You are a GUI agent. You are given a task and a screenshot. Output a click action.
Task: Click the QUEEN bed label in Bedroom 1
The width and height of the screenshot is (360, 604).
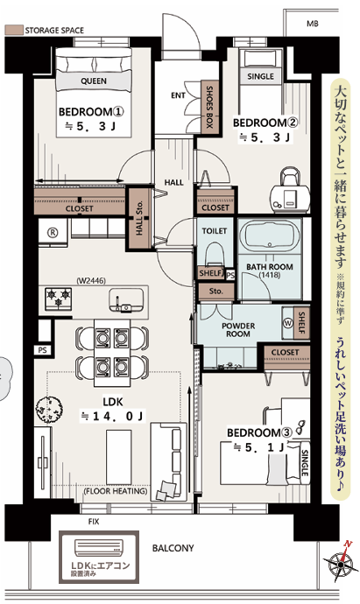click(94, 81)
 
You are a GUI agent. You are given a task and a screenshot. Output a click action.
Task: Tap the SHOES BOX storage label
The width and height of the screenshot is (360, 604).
click(209, 107)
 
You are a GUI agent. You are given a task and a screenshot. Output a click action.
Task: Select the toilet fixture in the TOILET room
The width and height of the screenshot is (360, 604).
click(215, 254)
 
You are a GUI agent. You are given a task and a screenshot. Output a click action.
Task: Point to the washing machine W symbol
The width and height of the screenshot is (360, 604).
click(288, 323)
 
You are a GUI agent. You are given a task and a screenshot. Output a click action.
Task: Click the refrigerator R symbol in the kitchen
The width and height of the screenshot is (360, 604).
click(53, 233)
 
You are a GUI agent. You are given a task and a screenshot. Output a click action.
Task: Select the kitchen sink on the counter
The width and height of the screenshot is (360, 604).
click(126, 299)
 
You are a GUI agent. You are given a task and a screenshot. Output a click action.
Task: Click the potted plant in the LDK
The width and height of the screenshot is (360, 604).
click(49, 410)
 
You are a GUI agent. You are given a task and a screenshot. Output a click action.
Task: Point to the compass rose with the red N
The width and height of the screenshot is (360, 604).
click(341, 563)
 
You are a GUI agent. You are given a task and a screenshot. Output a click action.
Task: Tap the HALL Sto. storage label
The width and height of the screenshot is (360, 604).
click(139, 218)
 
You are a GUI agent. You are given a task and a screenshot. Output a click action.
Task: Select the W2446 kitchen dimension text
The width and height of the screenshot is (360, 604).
click(91, 281)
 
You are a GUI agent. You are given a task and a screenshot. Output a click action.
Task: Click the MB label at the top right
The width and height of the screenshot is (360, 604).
click(313, 24)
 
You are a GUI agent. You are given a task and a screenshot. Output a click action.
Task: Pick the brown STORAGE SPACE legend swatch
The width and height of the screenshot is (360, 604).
click(14, 30)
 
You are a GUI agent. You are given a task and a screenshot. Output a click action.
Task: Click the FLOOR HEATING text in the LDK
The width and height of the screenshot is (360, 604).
click(116, 491)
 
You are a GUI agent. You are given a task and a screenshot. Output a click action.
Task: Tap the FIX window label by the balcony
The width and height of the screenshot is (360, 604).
click(94, 522)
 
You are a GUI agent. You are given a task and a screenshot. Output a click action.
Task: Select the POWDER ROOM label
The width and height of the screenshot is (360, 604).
click(238, 330)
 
